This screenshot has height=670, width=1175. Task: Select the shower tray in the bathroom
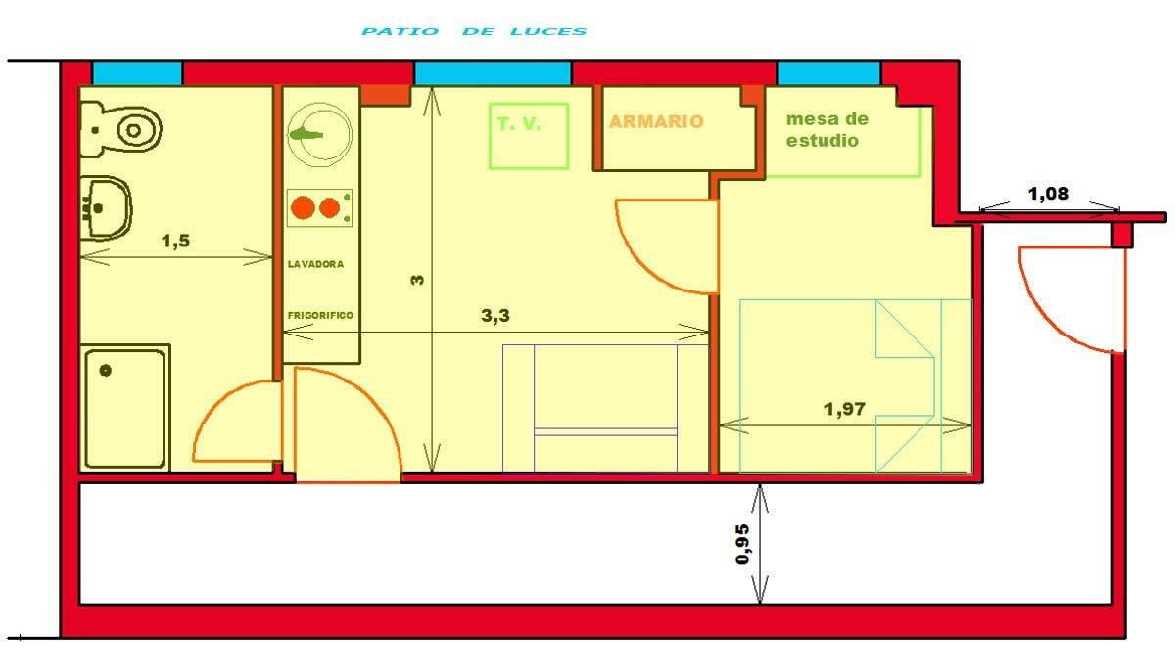point(124,406)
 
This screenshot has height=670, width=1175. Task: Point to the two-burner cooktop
point(319,208)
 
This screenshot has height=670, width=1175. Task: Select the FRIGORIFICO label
point(320,315)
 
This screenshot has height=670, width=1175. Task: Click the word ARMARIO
point(655,122)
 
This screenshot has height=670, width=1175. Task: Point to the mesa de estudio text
point(826,130)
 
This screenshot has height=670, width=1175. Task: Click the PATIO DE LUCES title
point(474,31)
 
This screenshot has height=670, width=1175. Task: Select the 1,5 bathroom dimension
point(174,242)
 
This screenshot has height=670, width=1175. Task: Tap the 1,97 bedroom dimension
point(844,409)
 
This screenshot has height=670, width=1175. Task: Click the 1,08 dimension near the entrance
point(1048,194)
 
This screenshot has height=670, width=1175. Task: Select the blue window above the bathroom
point(137,73)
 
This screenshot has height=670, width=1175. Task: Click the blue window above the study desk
point(828,73)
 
